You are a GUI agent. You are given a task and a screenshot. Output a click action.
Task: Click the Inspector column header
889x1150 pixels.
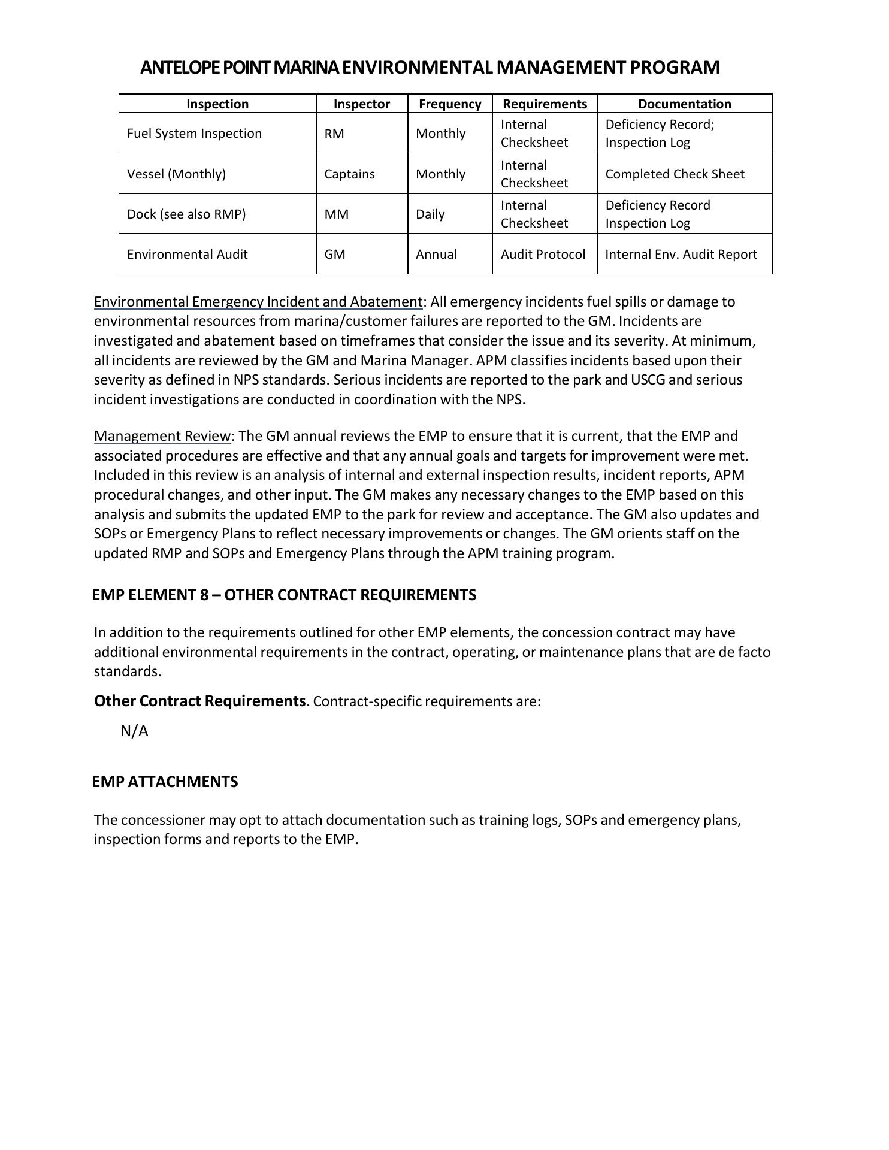pyautogui.click(x=361, y=104)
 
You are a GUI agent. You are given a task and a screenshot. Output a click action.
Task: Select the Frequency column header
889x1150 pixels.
pyautogui.click(x=450, y=104)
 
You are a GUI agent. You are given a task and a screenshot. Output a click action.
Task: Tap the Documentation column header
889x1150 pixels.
pyautogui.click(x=684, y=104)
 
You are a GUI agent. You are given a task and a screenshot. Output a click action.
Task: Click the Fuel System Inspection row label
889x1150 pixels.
pyautogui.click(x=194, y=134)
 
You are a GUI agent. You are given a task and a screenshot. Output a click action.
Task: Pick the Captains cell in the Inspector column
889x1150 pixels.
pyautogui.click(x=349, y=174)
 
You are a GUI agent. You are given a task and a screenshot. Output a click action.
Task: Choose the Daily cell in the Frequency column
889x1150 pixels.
pyautogui.click(x=430, y=214)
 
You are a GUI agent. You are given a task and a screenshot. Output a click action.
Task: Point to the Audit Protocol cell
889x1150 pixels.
pyautogui.click(x=543, y=255)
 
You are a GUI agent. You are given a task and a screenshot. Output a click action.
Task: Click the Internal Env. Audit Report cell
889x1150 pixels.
pyautogui.click(x=681, y=255)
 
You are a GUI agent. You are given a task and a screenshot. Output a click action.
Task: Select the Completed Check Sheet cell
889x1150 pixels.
pyautogui.click(x=675, y=174)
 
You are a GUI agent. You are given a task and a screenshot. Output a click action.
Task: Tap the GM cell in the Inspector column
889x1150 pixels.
pyautogui.click(x=335, y=255)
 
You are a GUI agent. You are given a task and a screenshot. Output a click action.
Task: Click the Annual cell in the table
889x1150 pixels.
pyautogui.click(x=436, y=255)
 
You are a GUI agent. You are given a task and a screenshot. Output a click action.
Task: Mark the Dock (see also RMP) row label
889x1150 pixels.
pyautogui.click(x=186, y=214)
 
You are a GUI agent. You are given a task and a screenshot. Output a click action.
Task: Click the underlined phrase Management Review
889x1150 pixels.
pyautogui.click(x=162, y=436)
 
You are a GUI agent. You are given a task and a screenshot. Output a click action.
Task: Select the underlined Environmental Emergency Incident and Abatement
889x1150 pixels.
pyautogui.click(x=258, y=302)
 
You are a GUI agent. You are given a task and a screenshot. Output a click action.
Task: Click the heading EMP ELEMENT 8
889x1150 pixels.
pyautogui.click(x=284, y=595)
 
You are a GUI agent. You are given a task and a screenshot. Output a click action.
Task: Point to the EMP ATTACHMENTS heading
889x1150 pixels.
pyautogui.click(x=165, y=782)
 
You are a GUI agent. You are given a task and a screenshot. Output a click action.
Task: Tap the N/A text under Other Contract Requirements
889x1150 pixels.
pyautogui.click(x=134, y=731)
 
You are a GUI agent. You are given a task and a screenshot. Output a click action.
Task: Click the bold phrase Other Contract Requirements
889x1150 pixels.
pyautogui.click(x=199, y=701)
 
